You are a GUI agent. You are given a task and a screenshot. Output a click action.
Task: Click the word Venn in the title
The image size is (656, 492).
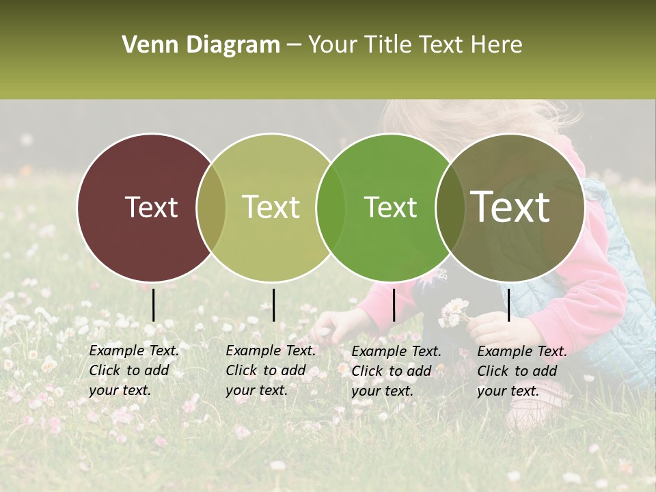coord(143,45)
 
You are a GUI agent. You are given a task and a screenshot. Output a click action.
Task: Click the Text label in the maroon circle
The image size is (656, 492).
coord(151,208)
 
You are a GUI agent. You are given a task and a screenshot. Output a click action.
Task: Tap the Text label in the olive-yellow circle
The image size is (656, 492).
coord(271,208)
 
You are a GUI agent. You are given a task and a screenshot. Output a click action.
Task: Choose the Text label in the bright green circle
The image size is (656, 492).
coord(390,208)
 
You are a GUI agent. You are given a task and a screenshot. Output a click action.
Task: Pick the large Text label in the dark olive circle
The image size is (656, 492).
coord(510,208)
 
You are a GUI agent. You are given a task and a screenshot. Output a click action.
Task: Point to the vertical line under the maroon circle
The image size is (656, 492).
coord(153,305)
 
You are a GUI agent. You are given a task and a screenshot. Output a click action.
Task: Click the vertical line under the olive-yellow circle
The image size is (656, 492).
coord(273,305)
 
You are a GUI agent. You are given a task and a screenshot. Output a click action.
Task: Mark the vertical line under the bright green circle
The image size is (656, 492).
coord(394,305)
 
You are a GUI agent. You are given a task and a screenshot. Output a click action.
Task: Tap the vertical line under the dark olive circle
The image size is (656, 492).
coord(508,305)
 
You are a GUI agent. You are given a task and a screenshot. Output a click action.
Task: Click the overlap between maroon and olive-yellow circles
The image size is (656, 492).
coord(211,208)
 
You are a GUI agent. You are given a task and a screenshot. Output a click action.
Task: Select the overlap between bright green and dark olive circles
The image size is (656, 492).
coord(450,208)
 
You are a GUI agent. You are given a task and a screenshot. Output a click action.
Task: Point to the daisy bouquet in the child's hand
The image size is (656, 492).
coord(454,313)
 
